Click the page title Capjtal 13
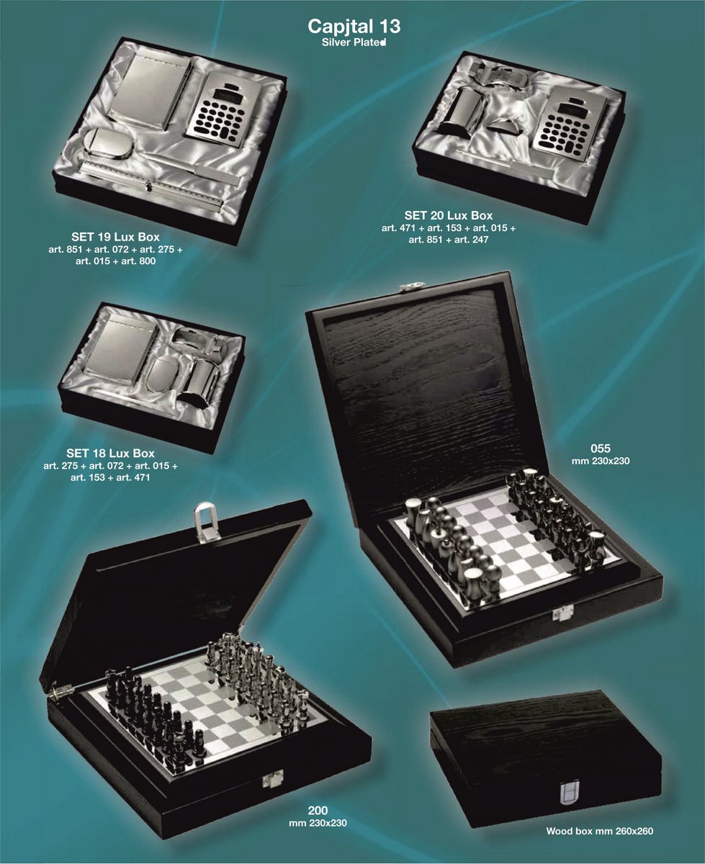click(x=354, y=26)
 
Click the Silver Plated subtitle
click(x=354, y=42)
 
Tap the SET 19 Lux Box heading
click(x=115, y=237)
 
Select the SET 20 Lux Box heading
click(x=449, y=215)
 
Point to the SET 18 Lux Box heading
click(x=111, y=454)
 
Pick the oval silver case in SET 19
click(x=108, y=143)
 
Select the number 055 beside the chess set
click(x=601, y=448)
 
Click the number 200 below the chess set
click(x=318, y=810)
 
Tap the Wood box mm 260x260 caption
click(x=600, y=831)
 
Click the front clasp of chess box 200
click(x=272, y=779)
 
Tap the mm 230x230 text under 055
click(x=601, y=461)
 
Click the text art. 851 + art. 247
click(x=449, y=240)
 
